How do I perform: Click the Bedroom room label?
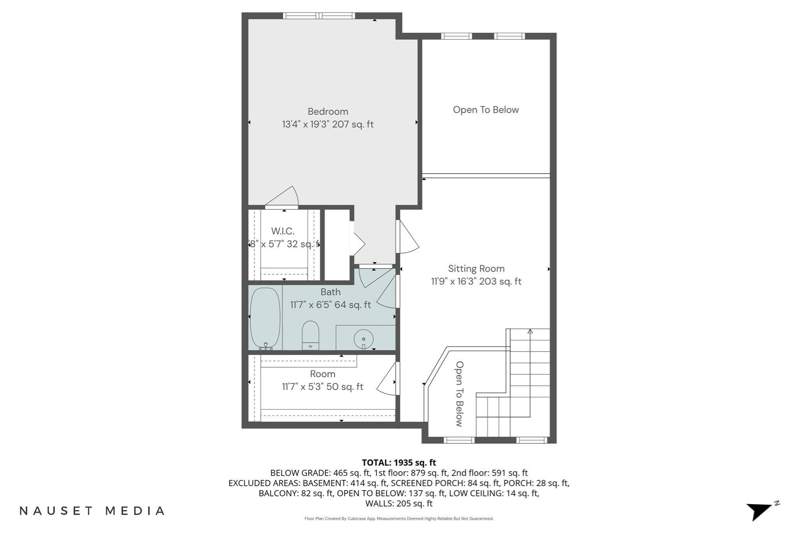pyautogui.click(x=328, y=112)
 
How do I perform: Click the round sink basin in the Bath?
pyautogui.click(x=364, y=339)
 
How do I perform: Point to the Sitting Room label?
pyautogui.click(x=476, y=269)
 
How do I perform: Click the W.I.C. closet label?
pyautogui.click(x=282, y=231)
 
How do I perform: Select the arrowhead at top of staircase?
pyautogui.click(x=530, y=332)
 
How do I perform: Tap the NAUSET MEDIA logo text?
pyautogui.click(x=92, y=511)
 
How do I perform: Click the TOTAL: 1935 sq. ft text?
pyautogui.click(x=399, y=463)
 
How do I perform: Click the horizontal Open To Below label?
pyautogui.click(x=486, y=110)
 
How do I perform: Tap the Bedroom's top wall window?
pyautogui.click(x=319, y=16)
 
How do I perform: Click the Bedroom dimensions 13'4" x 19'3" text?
pyautogui.click(x=328, y=124)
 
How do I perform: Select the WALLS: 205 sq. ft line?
pyautogui.click(x=399, y=503)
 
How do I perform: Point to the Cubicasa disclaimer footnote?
pyautogui.click(x=399, y=519)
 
